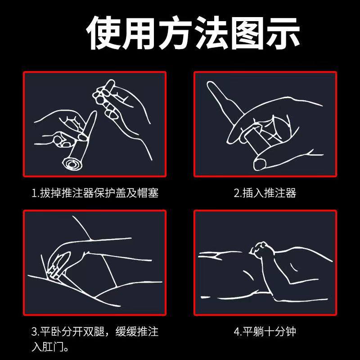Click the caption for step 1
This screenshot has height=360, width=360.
click(95, 193)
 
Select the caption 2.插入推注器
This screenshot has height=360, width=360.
click(265, 193)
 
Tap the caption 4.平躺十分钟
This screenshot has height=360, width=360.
click(265, 333)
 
